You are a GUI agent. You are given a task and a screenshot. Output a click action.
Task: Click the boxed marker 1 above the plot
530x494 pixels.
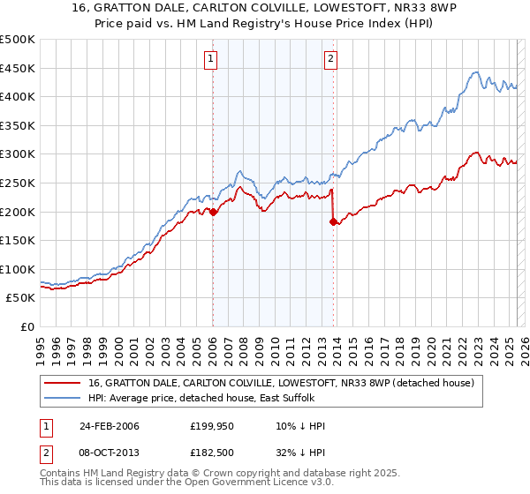pyautogui.click(x=212, y=59)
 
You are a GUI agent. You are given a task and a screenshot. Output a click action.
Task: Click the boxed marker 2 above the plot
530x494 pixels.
pyautogui.click(x=330, y=59)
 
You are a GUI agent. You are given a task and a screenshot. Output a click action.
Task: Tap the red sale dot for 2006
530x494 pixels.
pyautogui.click(x=213, y=212)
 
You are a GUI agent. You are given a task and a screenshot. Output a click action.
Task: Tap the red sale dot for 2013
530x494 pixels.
pyautogui.click(x=333, y=221)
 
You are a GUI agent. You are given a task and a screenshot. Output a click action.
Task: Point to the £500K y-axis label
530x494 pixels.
pyautogui.click(x=18, y=40)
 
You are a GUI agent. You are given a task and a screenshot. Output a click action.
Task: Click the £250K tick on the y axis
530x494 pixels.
pyautogui.click(x=18, y=183)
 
